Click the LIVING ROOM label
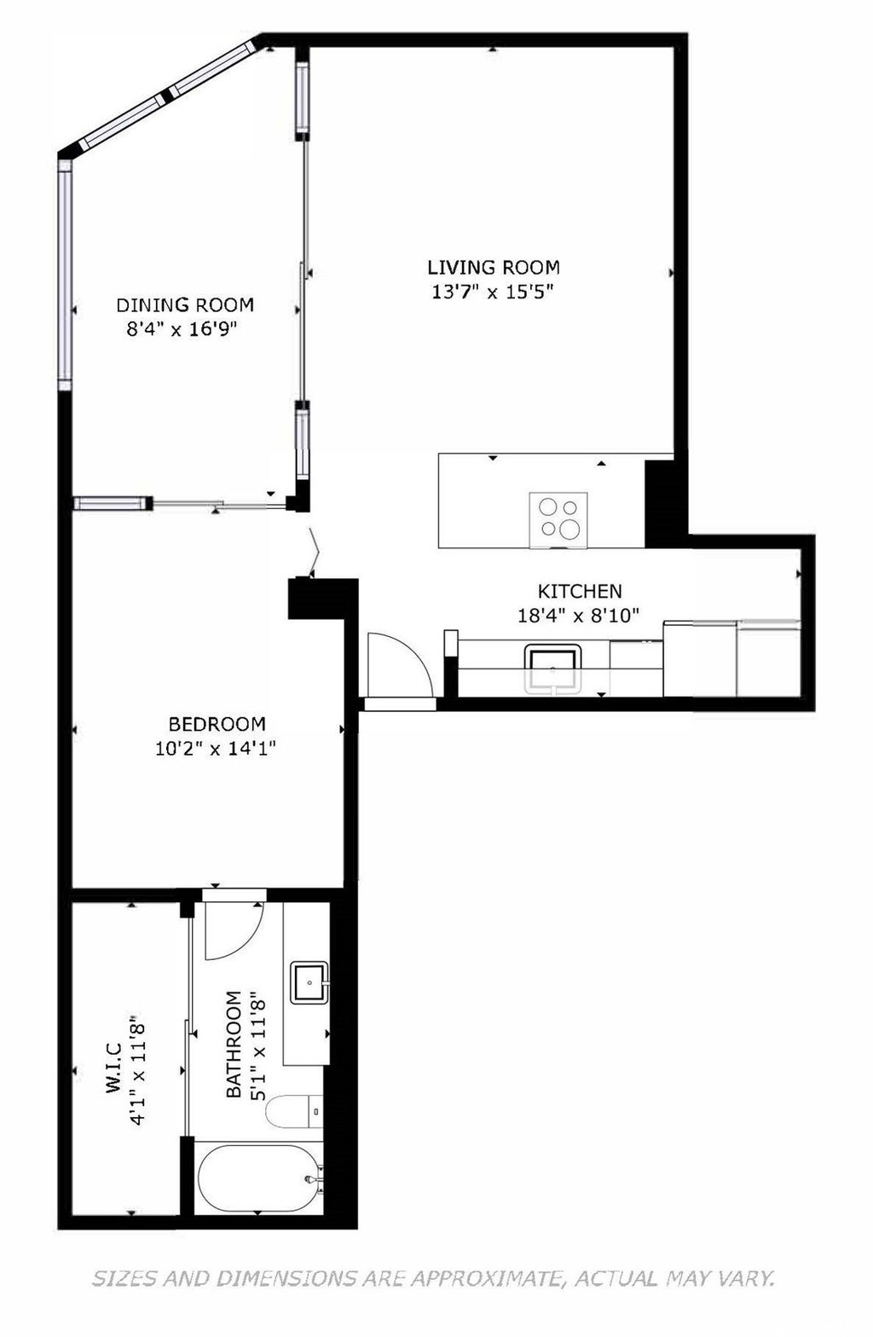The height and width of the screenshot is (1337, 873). point(493,266)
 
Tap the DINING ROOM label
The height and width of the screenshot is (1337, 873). point(185,304)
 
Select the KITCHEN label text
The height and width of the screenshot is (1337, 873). point(579,590)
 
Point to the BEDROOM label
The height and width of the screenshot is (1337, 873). point(217,724)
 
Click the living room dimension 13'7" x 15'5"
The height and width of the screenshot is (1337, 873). point(493,292)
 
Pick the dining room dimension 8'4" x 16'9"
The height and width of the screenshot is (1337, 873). point(181,330)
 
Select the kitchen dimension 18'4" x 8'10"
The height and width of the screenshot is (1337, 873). point(579,614)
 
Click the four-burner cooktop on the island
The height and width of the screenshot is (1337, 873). point(558,518)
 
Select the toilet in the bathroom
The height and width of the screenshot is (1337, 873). point(293,1111)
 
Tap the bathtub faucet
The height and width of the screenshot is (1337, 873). point(311,1180)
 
